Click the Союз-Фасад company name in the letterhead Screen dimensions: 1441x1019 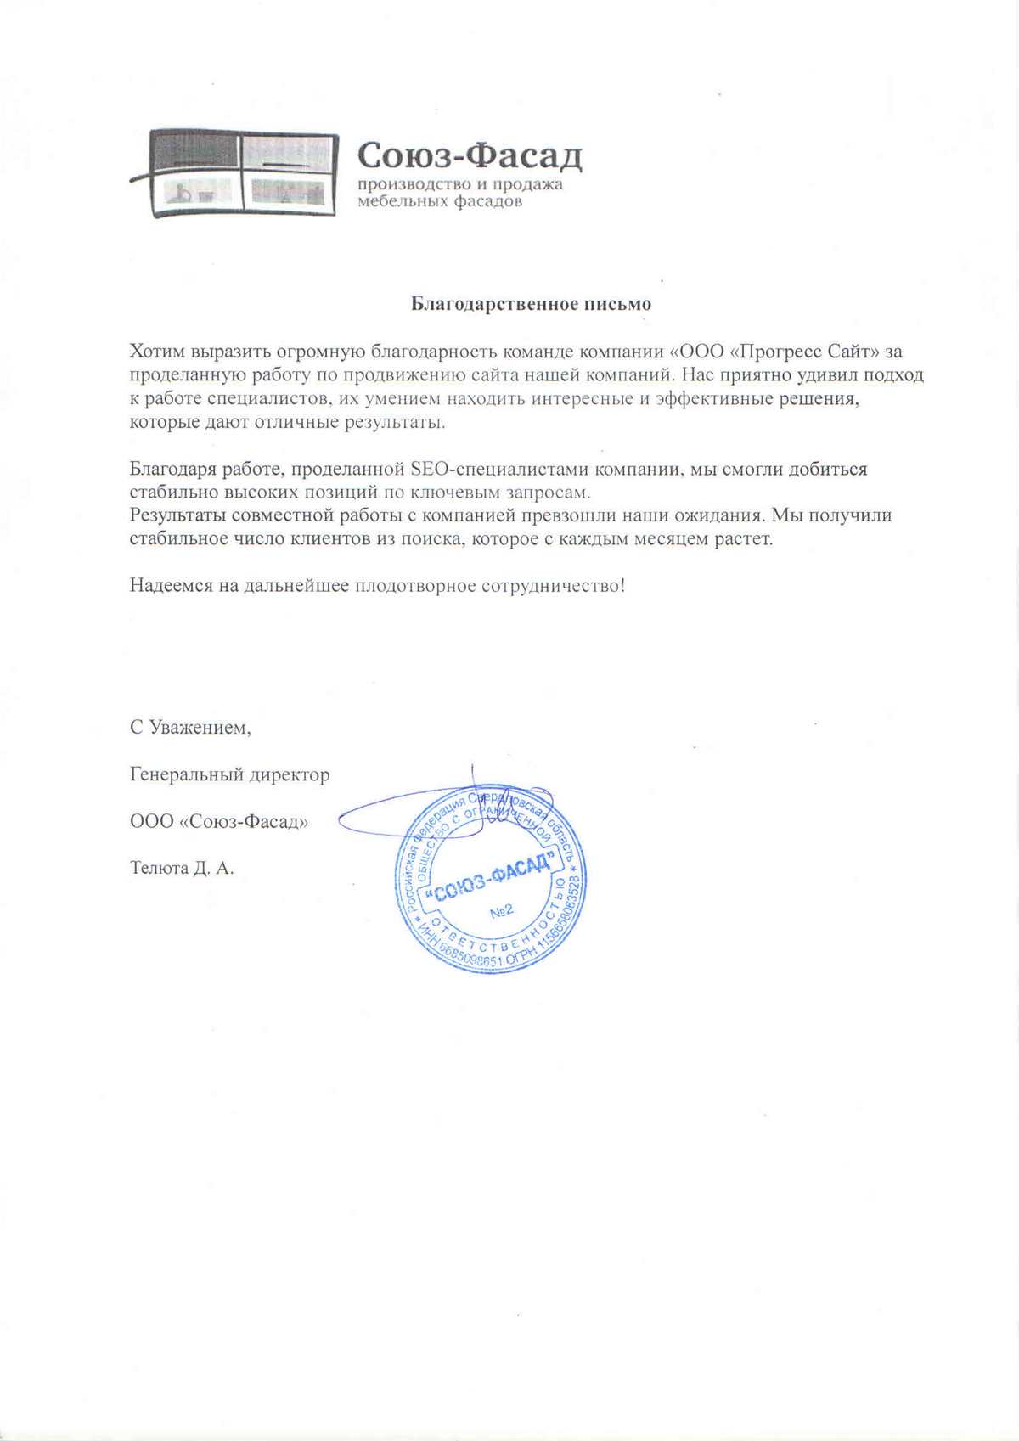click(x=470, y=155)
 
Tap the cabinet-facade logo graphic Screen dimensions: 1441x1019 click(x=235, y=172)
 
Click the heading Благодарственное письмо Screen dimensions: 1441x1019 click(x=531, y=304)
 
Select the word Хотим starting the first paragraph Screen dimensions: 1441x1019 click(x=158, y=352)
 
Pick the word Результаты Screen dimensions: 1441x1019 click(x=177, y=515)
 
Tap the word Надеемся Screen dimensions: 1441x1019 click(x=171, y=585)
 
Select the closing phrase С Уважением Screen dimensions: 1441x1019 click(x=190, y=728)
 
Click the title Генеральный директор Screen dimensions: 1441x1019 click(x=229, y=774)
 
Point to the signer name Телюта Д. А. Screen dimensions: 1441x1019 click(x=181, y=868)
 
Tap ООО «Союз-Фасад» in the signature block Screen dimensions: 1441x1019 click(x=219, y=821)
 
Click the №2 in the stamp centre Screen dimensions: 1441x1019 click(x=502, y=911)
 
